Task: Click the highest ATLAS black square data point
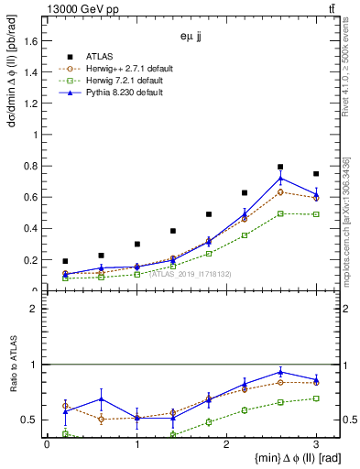tap(280, 167)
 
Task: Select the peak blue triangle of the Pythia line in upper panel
tap(280, 178)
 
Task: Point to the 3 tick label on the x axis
tap(316, 444)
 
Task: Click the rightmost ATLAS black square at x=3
tap(316, 174)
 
